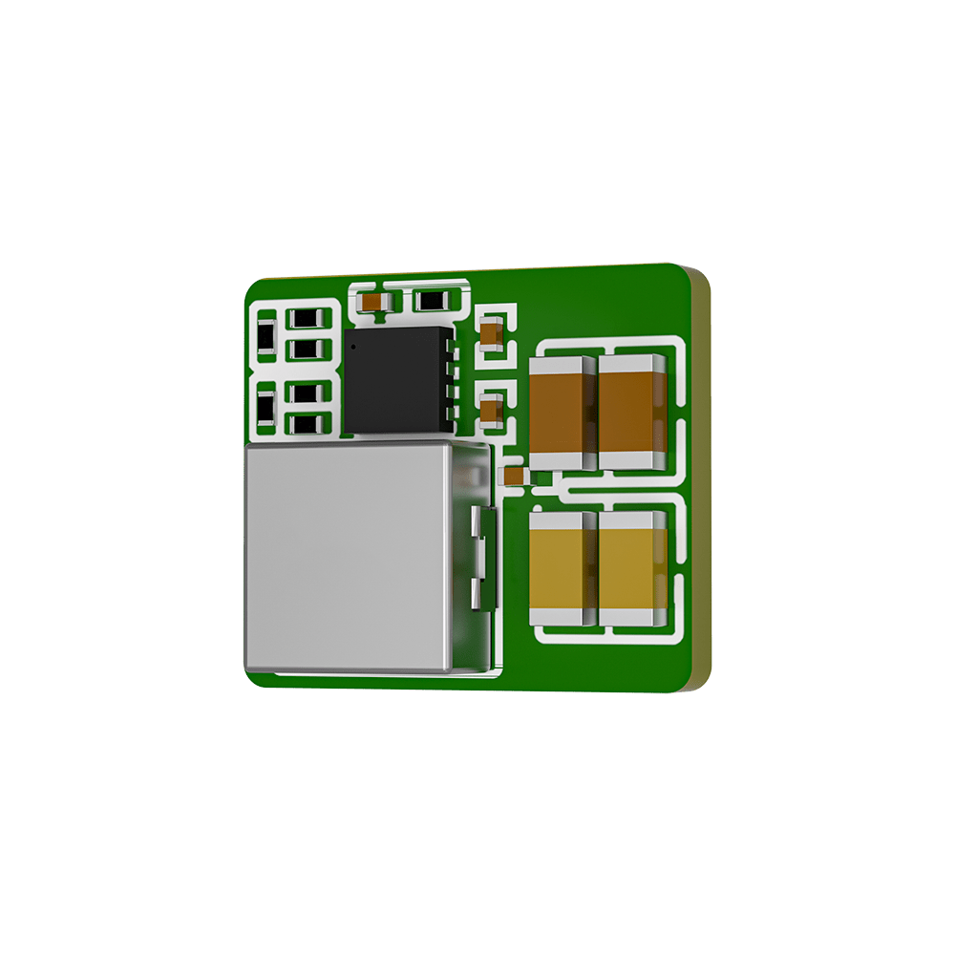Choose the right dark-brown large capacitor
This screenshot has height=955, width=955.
pyautogui.click(x=631, y=413)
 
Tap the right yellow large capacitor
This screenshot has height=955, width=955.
pyautogui.click(x=631, y=569)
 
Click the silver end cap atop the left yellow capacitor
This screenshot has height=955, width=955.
pyautogui.click(x=562, y=521)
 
